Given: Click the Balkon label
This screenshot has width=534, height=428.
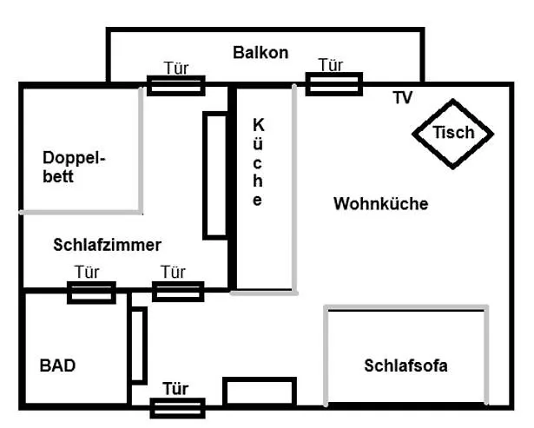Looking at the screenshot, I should [x=260, y=52].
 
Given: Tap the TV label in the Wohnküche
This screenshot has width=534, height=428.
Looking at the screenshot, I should [x=402, y=98].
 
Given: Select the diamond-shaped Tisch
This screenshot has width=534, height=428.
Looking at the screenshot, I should [x=452, y=133].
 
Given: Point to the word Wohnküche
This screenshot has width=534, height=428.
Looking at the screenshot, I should [x=380, y=204].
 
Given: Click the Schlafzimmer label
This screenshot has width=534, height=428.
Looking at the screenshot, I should [x=107, y=245].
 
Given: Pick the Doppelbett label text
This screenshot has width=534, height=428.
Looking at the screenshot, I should [x=74, y=168].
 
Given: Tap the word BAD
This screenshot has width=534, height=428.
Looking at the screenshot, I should [x=58, y=365].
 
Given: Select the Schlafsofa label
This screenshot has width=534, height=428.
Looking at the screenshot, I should [x=405, y=365].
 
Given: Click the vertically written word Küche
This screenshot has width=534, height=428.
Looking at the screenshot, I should [x=258, y=162].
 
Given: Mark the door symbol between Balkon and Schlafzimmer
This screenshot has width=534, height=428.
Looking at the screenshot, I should [x=175, y=85].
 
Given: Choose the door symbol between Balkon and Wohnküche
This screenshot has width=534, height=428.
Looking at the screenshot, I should [x=333, y=83].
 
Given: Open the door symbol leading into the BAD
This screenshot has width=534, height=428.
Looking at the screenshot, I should [x=91, y=292].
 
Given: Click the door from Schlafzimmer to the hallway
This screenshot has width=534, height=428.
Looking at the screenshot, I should [x=178, y=291].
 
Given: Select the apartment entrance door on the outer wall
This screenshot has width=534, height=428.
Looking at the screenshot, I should [x=178, y=407].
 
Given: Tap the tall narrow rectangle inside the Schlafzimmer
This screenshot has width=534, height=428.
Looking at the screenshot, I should [x=214, y=174].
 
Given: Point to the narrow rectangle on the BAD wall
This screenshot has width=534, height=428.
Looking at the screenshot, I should [x=137, y=345].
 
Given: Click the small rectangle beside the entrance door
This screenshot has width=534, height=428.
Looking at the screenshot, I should [x=258, y=392].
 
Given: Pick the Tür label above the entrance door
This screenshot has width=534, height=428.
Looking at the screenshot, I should [x=176, y=388].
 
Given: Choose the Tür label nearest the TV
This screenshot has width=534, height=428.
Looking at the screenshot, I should [x=331, y=64].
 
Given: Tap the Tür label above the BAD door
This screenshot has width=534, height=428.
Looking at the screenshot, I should [x=88, y=272].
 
